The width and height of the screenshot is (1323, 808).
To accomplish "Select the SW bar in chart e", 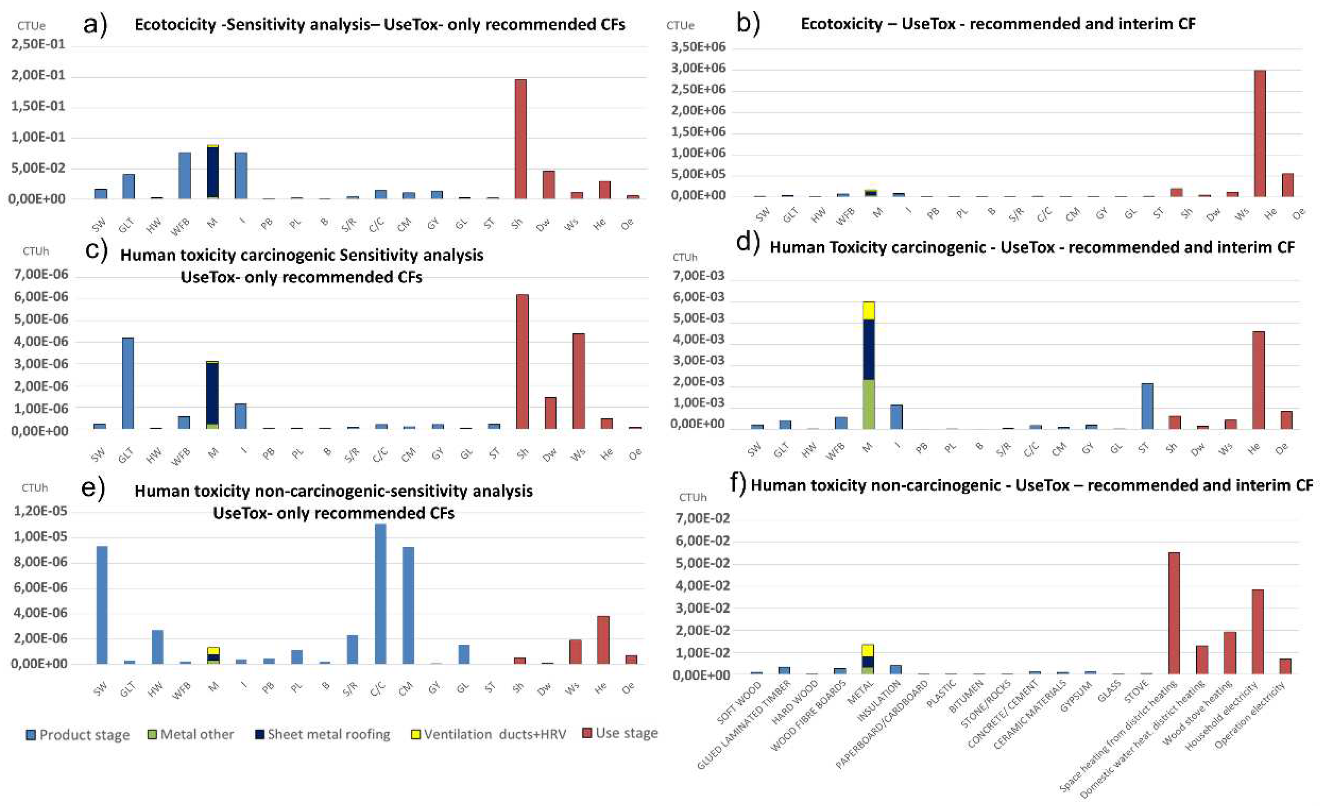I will (x=102, y=605).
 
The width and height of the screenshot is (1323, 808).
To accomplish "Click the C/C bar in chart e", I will (x=380, y=594).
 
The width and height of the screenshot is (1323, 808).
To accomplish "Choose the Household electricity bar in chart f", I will (x=1258, y=631).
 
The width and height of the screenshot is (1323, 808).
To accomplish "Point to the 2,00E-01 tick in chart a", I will (x=38, y=75).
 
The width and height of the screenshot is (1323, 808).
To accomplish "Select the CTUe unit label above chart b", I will (x=680, y=26).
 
